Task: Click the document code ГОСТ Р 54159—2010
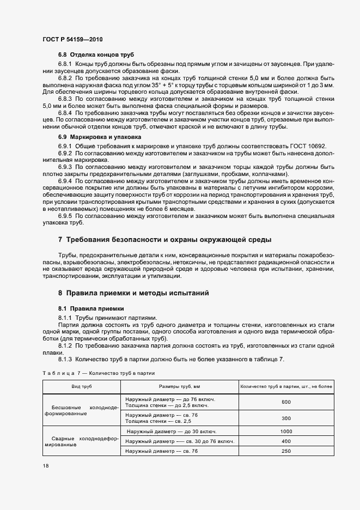[72, 40]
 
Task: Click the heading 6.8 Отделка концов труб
[95, 55]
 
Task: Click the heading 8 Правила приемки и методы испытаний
[133, 293]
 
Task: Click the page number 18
[45, 466]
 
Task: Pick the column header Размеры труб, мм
[179, 386]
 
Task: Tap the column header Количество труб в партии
[286, 386]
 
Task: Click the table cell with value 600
[286, 402]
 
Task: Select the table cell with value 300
[286, 418]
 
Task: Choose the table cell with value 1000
[286, 431]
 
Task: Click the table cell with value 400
[286, 441]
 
